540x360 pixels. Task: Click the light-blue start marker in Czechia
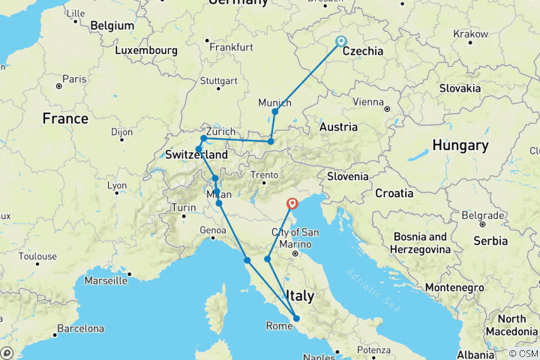click(341, 41)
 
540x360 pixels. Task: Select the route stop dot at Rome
click(296, 319)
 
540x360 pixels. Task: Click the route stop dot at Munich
click(275, 112)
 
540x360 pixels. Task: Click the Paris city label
click(74, 79)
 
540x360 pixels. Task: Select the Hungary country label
click(455, 145)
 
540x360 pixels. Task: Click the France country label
click(65, 118)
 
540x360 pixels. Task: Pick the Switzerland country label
click(196, 154)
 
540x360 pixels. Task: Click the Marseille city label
click(106, 281)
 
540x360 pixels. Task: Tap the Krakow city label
click(471, 34)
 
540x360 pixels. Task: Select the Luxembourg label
click(146, 51)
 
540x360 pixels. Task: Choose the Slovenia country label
click(348, 176)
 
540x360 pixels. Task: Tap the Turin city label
click(183, 207)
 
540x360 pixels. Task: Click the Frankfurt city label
click(231, 46)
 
